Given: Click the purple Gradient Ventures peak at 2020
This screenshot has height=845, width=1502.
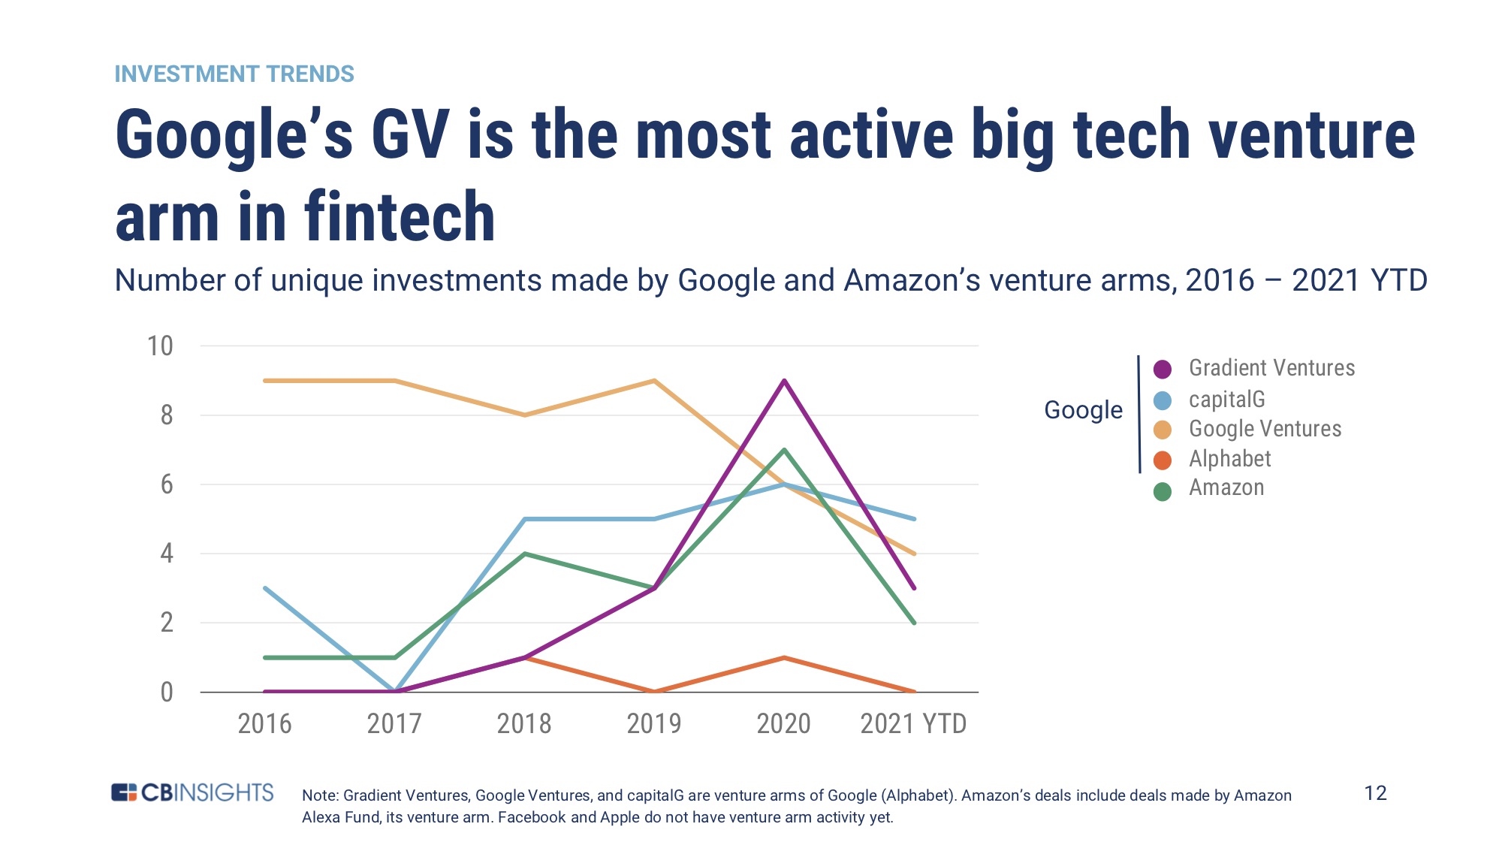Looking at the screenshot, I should [784, 381].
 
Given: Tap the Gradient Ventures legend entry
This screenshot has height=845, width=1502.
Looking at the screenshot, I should [1271, 368].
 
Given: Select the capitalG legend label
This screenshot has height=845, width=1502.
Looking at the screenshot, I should [1226, 400].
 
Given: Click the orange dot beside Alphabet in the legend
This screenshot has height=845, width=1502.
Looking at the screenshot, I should [1162, 460].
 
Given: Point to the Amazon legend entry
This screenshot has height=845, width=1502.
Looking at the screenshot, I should [1226, 488].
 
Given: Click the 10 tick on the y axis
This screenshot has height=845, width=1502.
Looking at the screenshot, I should [160, 346].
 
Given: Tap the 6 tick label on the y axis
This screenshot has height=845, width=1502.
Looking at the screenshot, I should [167, 484].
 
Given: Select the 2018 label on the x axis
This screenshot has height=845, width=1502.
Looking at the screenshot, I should [523, 724].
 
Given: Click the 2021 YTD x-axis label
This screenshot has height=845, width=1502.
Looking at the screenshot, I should [912, 724].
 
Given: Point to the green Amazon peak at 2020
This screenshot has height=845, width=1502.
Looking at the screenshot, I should [784, 450].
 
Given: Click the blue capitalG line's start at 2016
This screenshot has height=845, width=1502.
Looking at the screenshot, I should [265, 588].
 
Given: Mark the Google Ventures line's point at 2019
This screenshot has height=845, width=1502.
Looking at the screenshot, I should [654, 381].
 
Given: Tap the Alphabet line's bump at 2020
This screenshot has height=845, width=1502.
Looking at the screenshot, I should [784, 657].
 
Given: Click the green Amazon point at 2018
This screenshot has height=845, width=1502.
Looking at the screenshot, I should [524, 554].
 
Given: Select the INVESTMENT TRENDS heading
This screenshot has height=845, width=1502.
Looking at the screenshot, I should [234, 74].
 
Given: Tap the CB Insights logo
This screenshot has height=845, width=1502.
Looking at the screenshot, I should [192, 792].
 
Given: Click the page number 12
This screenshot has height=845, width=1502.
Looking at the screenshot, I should [1374, 793].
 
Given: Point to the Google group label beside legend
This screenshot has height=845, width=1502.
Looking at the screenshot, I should [1083, 410].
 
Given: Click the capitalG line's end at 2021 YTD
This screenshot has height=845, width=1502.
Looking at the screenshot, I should [914, 519].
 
